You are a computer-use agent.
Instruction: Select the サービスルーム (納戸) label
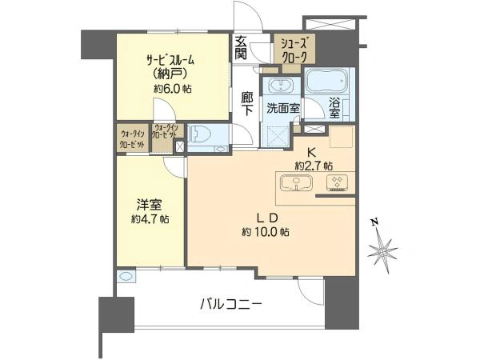click(170, 67)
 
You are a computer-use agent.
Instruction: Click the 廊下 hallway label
click(247, 104)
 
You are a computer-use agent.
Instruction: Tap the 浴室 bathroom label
click(336, 107)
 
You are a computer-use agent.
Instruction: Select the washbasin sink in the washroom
click(280, 86)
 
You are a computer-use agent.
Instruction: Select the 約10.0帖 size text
click(266, 232)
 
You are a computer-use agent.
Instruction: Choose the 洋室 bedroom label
click(146, 203)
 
